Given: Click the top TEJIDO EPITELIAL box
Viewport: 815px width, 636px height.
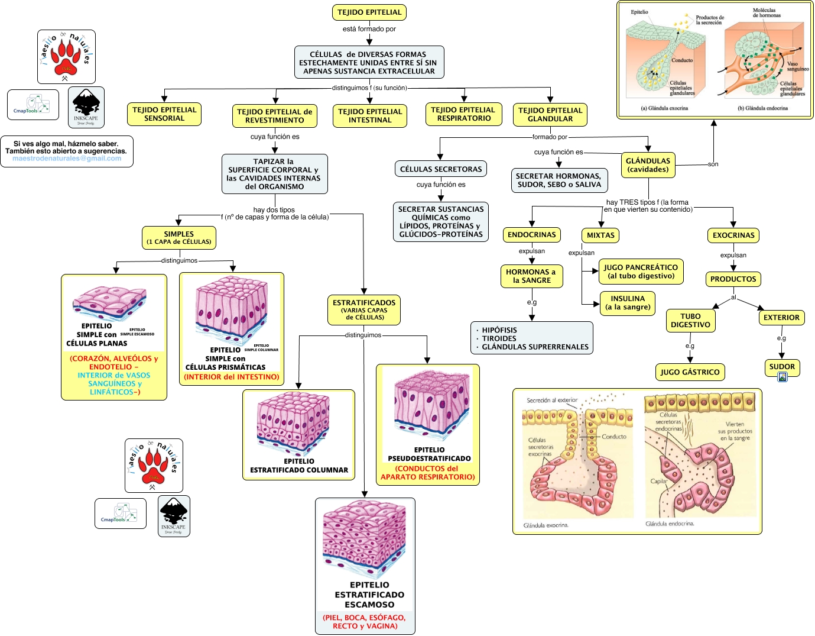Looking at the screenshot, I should pos(369,12).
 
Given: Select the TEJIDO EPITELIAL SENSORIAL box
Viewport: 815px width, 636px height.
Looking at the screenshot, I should pos(164,114).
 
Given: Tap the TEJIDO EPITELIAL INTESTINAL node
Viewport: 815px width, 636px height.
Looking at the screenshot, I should pos(370,116).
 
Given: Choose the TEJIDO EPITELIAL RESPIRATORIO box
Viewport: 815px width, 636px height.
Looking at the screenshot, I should pos(464,114).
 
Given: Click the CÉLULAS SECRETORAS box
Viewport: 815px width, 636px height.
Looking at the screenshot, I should pos(441,169).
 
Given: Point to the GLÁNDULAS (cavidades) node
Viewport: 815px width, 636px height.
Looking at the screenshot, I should pos(648,165).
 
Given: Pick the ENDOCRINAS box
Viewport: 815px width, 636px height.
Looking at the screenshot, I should pos(532,235).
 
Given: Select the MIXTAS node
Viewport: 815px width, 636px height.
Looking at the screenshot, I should pos(600,235).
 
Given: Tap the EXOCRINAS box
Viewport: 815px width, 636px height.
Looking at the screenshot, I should pos(733,235).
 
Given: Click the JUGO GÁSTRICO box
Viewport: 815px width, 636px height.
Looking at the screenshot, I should pos(690,372).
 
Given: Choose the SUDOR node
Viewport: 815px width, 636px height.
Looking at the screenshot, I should pos(782,367).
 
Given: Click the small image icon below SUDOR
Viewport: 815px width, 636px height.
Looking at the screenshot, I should pos(782,377).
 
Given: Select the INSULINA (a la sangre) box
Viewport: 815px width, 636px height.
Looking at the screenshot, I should pos(628,303).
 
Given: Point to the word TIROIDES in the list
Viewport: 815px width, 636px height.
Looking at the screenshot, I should pos(499,338).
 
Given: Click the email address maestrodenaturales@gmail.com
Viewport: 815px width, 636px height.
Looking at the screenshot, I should pos(67,159).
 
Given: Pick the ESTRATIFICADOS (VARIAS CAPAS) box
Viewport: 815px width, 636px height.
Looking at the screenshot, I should pos(364,310).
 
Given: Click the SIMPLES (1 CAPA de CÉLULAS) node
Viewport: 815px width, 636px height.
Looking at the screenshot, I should pos(179,238).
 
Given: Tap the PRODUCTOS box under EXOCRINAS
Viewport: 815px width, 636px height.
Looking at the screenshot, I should pos(733,279).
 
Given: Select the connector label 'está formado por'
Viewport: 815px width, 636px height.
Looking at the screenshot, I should pos(369,29).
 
